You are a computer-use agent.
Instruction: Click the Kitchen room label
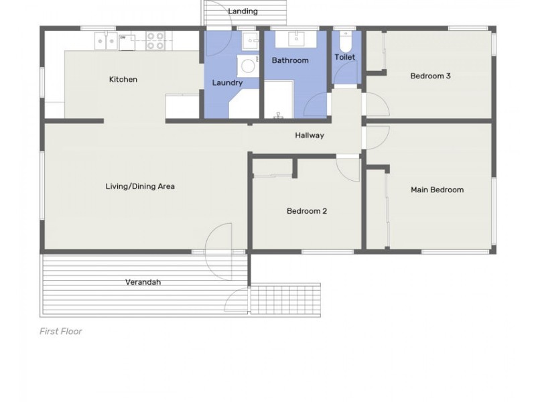(123, 79)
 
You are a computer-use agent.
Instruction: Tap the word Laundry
(227, 82)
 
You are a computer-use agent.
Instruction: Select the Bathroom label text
(290, 60)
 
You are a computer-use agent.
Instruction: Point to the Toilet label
(344, 57)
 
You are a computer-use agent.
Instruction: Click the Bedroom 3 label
(430, 76)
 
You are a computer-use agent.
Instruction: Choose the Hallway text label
(310, 135)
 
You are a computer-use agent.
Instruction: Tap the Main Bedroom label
(438, 190)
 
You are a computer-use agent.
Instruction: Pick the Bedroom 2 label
(307, 211)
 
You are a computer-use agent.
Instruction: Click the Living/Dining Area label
(140, 186)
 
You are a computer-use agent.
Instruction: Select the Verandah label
(143, 282)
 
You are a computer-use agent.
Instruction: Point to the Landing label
(243, 11)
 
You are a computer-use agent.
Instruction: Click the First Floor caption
(61, 331)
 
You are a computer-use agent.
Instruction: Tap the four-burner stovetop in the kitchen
(155, 41)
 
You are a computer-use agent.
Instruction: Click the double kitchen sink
(106, 41)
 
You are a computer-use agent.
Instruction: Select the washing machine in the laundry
(248, 66)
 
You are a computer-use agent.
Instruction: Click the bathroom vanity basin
(296, 39)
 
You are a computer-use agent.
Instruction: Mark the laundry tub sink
(251, 41)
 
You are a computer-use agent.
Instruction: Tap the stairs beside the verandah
(285, 298)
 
